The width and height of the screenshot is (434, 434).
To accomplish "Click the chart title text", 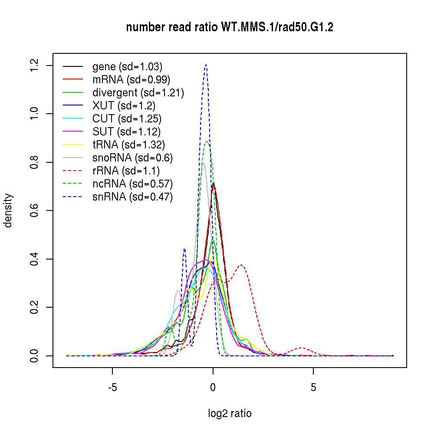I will (230, 28).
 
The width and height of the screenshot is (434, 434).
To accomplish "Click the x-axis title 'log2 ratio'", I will (230, 414).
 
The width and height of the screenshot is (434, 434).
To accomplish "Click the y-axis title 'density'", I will (8, 210).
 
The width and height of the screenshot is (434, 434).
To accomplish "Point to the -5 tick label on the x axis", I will (112, 388).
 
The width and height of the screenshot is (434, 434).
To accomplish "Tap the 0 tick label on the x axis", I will (213, 388).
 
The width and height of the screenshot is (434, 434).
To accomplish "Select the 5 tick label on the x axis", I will (313, 388).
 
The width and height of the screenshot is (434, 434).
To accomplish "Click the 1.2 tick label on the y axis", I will (35, 66).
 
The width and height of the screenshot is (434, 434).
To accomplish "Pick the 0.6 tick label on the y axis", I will (35, 211).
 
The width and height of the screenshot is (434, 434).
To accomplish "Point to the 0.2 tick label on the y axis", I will (35, 308).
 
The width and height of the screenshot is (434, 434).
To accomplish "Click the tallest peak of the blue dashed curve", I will (206, 65).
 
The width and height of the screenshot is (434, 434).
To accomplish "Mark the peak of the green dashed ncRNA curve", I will (207, 141).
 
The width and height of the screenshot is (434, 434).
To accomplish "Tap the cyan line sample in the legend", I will (73, 119).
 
